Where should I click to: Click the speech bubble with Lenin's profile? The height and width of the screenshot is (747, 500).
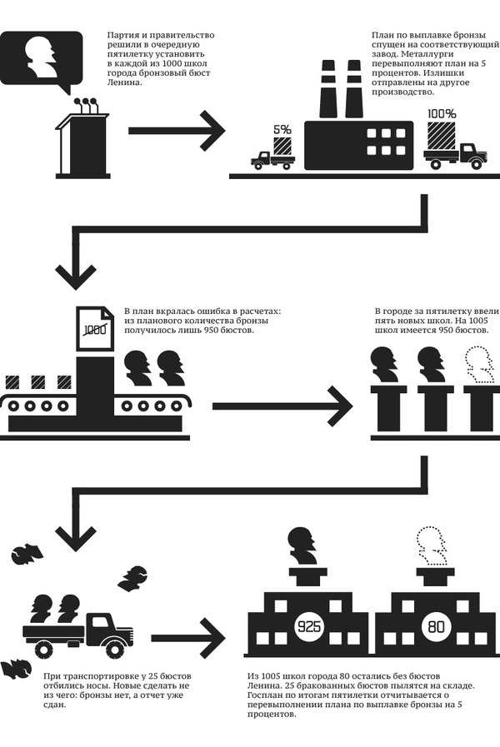tap(42, 58)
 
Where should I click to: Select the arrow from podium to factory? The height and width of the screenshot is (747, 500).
tap(175, 131)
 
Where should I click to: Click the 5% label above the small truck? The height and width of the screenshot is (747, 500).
tap(282, 129)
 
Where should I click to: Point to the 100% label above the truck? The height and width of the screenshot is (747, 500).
tap(442, 114)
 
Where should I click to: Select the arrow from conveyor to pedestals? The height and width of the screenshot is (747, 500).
tap(283, 407)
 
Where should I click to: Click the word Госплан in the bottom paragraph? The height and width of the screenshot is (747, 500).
tap(267, 695)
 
